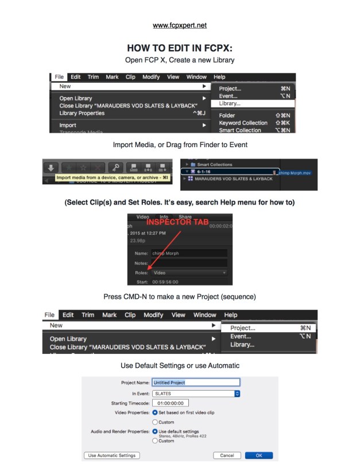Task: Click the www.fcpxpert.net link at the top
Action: pos(180,26)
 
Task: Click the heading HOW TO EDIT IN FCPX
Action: pos(180,48)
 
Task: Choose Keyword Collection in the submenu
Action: pos(243,123)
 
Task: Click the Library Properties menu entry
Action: pos(82,113)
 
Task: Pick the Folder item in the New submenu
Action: pos(227,115)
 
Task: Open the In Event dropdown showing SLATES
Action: pos(196,393)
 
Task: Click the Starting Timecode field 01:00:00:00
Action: pos(171,403)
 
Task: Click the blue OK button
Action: pos(258,455)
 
